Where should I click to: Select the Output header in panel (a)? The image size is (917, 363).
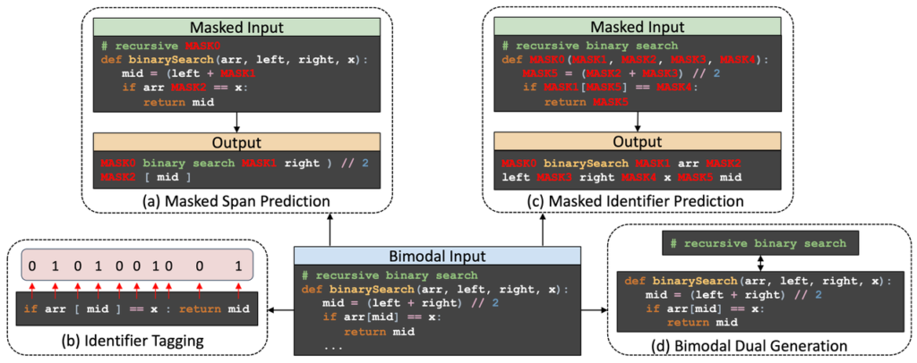click(236, 142)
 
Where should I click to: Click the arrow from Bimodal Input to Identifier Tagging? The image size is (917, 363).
click(273, 309)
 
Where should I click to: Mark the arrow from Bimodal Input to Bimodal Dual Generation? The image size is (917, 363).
click(595, 309)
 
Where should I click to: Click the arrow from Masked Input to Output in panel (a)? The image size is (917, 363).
click(236, 122)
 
